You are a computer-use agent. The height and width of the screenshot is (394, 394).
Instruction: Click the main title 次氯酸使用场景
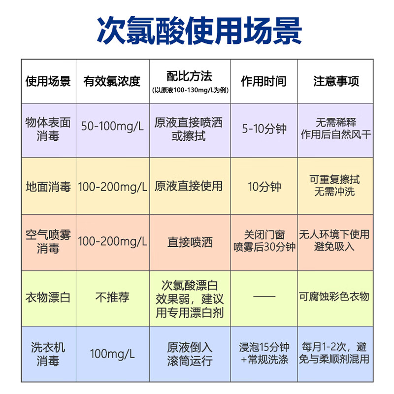click(x=199, y=31)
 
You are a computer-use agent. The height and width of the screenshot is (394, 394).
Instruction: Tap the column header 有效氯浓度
click(x=112, y=81)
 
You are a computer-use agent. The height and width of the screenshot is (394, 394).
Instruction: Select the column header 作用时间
click(x=263, y=81)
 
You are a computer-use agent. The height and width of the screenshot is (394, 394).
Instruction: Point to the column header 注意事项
click(x=336, y=81)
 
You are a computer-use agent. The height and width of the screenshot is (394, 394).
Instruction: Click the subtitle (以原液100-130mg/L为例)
click(x=190, y=90)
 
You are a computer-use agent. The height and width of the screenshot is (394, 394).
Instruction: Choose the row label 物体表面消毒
click(x=48, y=129)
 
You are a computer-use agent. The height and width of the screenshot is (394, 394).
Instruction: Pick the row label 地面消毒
click(x=48, y=187)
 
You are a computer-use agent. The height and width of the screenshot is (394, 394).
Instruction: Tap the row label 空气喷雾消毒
click(x=48, y=242)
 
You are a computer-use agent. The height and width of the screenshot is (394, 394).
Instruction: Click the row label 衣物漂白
click(x=48, y=297)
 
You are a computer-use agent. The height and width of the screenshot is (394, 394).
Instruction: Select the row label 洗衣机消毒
click(x=48, y=354)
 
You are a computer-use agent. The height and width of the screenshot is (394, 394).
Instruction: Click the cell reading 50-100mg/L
click(x=112, y=126)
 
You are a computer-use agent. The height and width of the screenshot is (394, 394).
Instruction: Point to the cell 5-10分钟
click(x=264, y=129)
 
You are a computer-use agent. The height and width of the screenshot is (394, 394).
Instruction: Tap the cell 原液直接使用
click(x=189, y=186)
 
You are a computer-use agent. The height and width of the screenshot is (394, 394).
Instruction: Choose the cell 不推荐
click(x=112, y=297)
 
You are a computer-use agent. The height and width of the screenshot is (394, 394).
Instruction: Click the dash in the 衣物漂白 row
click(x=264, y=296)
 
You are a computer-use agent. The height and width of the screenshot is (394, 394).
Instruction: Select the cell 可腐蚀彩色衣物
click(x=334, y=297)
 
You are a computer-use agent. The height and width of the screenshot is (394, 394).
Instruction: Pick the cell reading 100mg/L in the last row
click(x=112, y=354)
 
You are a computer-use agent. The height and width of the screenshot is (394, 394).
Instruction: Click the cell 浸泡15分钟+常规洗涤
click(x=264, y=354)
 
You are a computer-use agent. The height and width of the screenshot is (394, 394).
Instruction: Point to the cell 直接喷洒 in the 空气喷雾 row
click(x=190, y=242)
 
